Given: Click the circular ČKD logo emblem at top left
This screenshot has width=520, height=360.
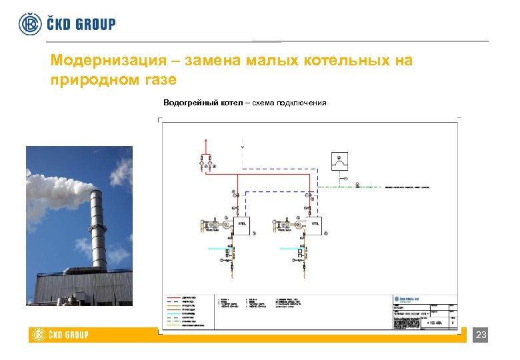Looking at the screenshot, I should coord(30,23).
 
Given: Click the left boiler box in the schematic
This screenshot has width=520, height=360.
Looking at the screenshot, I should coord(243,226).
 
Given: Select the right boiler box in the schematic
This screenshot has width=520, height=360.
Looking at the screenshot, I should coord(313,226).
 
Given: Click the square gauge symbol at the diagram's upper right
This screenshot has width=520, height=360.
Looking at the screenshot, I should coord(341,161).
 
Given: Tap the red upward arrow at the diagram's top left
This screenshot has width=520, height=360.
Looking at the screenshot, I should coord(206,141).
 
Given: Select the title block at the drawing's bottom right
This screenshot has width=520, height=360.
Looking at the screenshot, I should coord(424,310).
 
